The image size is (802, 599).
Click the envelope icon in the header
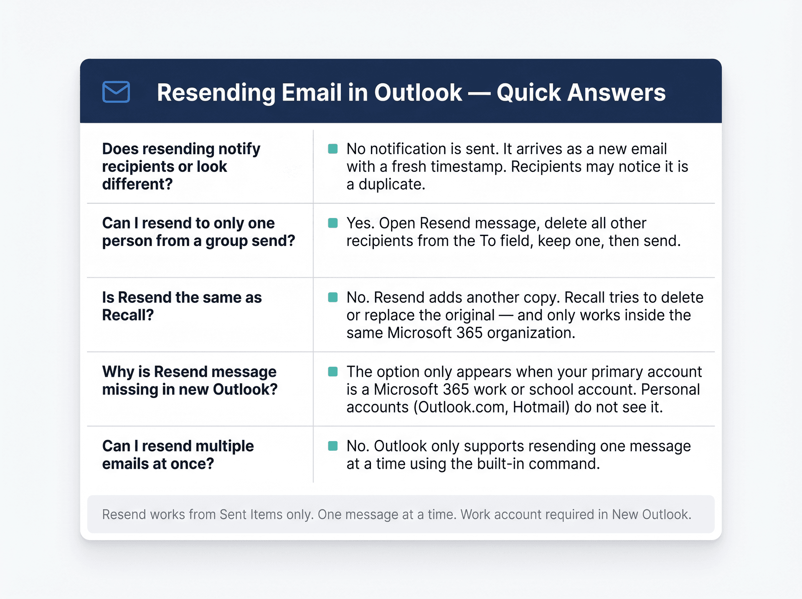coord(116,92)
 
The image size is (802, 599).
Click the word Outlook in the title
coord(418,92)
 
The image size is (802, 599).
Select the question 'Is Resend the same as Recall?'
coord(182,306)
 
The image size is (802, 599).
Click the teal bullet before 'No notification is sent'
coord(333,149)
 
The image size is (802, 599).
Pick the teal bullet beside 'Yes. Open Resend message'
coord(333,223)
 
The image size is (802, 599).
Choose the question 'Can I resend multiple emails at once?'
coord(178,455)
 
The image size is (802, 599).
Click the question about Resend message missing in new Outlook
coord(190,381)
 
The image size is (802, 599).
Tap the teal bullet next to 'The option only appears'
coord(333,372)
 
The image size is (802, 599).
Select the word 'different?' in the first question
coord(137,184)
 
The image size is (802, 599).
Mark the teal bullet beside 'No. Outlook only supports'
coord(333,446)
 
